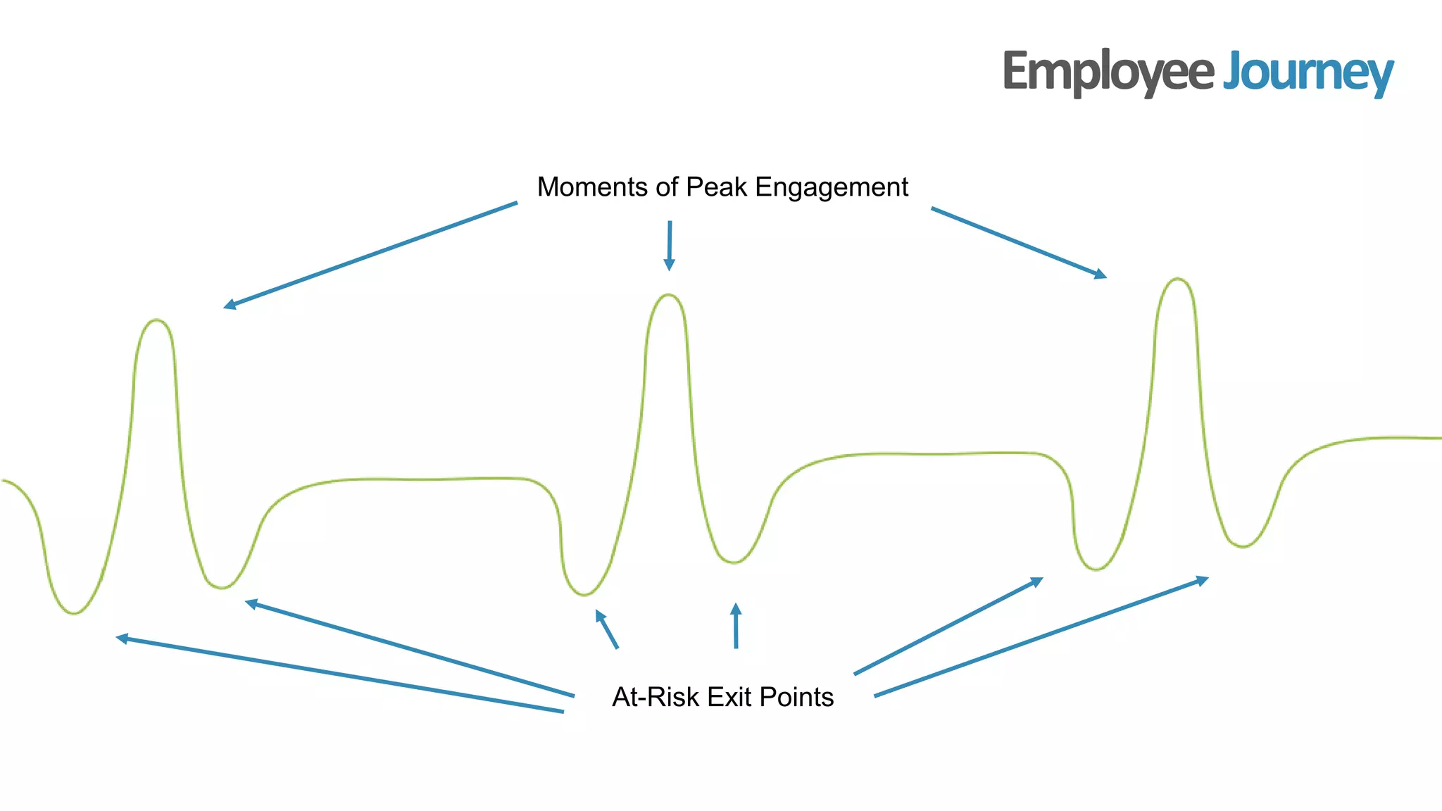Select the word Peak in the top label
coord(716,187)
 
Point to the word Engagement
coord(832,187)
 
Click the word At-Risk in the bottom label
coord(656,697)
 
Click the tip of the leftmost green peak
coord(156,320)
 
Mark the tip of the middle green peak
coord(669,295)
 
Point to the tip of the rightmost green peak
coord(1177,279)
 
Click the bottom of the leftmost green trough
coord(74,613)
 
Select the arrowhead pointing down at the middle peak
coord(669,266)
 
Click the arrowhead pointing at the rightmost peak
coord(1101,275)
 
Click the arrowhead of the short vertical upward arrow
coord(736,608)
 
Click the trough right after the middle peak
coord(734,562)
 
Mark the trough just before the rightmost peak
coord(1096,569)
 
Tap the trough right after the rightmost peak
coord(1243,546)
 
